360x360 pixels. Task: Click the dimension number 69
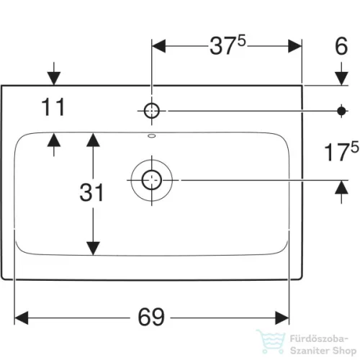[x=151, y=317]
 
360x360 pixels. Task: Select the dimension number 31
[x=91, y=192]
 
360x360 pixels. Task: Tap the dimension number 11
[x=53, y=107]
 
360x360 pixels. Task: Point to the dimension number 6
[x=341, y=46]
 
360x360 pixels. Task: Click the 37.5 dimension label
[x=228, y=45]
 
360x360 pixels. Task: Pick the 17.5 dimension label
[x=341, y=151]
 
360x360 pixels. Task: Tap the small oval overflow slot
[x=152, y=136]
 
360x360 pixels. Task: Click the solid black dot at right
[x=341, y=111]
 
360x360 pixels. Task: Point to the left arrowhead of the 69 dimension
[x=22, y=318]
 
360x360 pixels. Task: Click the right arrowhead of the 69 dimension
[x=282, y=318]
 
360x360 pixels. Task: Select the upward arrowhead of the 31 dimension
[x=93, y=140]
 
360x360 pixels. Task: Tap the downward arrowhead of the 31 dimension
[x=93, y=248]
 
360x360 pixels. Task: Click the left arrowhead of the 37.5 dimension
[x=158, y=46]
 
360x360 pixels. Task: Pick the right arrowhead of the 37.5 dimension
[x=294, y=46]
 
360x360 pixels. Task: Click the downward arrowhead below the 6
[x=341, y=78]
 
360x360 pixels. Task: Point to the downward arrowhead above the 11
[x=54, y=78]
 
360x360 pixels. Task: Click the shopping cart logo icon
[x=271, y=342]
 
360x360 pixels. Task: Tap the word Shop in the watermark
[x=344, y=351]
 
